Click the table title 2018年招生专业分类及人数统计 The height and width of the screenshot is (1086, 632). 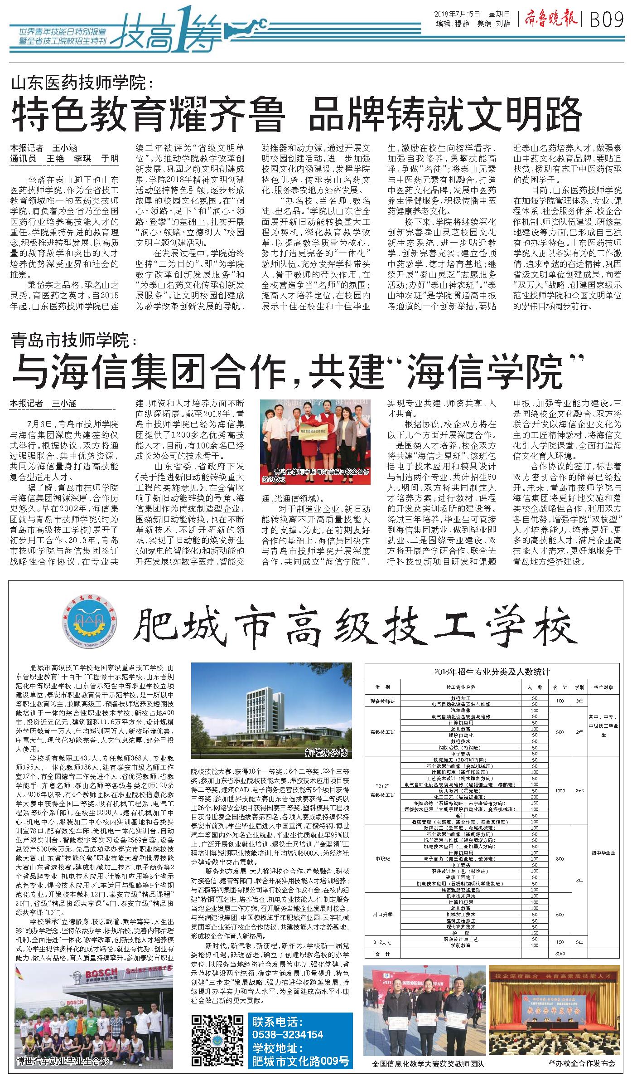click(x=492, y=672)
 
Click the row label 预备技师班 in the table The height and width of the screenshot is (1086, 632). click(x=382, y=701)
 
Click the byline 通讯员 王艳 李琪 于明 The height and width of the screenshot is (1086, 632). click(x=64, y=158)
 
